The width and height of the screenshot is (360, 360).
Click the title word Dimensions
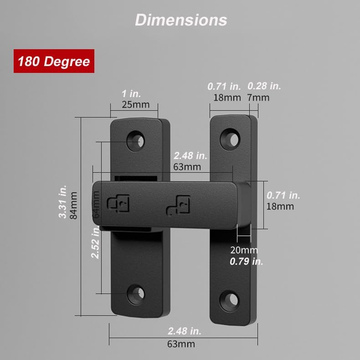click(181, 20)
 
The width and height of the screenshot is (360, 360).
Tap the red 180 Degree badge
click(53, 62)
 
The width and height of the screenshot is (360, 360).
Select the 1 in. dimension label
click(131, 94)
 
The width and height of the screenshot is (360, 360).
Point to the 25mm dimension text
click(135, 104)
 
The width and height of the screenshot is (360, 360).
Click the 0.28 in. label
click(264, 86)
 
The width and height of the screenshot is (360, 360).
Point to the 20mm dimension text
click(244, 250)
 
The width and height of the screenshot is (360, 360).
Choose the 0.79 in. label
click(247, 262)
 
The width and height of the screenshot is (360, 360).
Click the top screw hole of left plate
click(136, 141)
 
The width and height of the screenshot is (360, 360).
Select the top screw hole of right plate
click(230, 139)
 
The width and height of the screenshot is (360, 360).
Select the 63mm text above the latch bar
click(187, 167)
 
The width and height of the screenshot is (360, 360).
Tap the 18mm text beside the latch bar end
click(280, 206)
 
